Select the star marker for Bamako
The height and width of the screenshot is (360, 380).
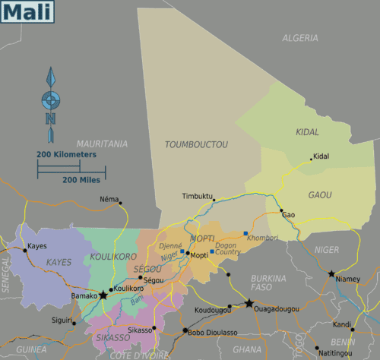103,294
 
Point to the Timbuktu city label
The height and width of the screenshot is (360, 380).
197,196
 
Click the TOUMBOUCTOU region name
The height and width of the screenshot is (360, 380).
196,143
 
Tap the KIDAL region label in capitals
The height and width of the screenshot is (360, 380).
307,132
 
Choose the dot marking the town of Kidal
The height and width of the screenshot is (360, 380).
311,159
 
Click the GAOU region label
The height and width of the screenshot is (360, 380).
320,195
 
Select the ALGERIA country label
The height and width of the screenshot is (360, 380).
300,38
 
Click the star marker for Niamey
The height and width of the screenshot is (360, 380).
331,273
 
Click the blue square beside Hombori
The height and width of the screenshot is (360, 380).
245,234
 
